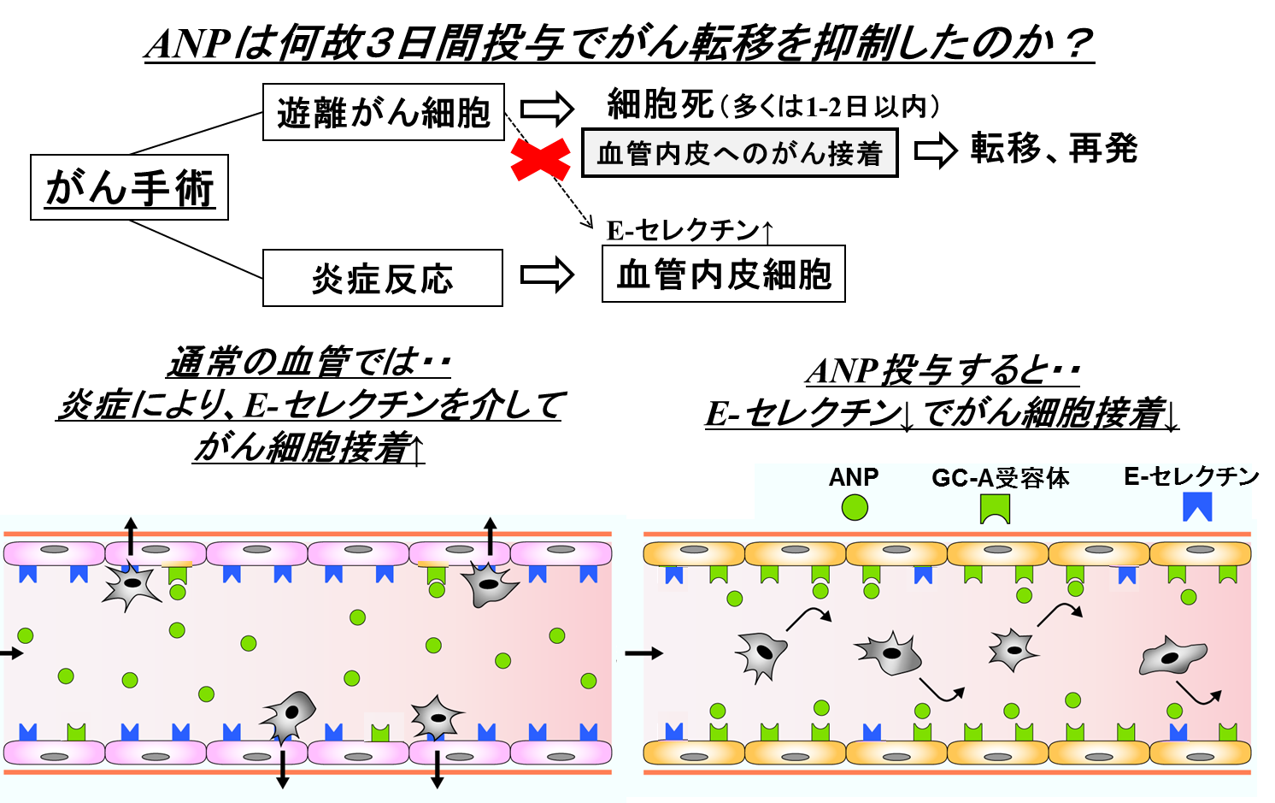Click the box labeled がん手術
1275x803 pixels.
(129, 187)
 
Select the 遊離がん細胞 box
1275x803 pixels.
(383, 112)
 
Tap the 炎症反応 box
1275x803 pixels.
(382, 278)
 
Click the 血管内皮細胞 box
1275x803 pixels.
(723, 274)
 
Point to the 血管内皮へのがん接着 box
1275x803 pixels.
(739, 153)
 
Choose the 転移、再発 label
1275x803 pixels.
(1053, 148)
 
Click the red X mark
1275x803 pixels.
(540, 159)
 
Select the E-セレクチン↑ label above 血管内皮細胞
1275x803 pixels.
(690, 229)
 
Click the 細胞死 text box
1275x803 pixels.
(773, 104)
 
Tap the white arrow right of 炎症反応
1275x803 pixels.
(548, 275)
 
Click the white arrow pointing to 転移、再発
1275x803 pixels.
(935, 151)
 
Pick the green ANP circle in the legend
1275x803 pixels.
(854, 507)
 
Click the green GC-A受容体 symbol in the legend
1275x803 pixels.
(995, 509)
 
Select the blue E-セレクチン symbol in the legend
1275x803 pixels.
(1197, 507)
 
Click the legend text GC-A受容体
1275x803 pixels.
(1000, 477)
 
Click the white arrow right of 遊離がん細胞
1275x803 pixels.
(548, 109)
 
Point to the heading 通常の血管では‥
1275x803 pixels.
(308, 363)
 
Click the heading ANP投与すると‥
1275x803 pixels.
(942, 370)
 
